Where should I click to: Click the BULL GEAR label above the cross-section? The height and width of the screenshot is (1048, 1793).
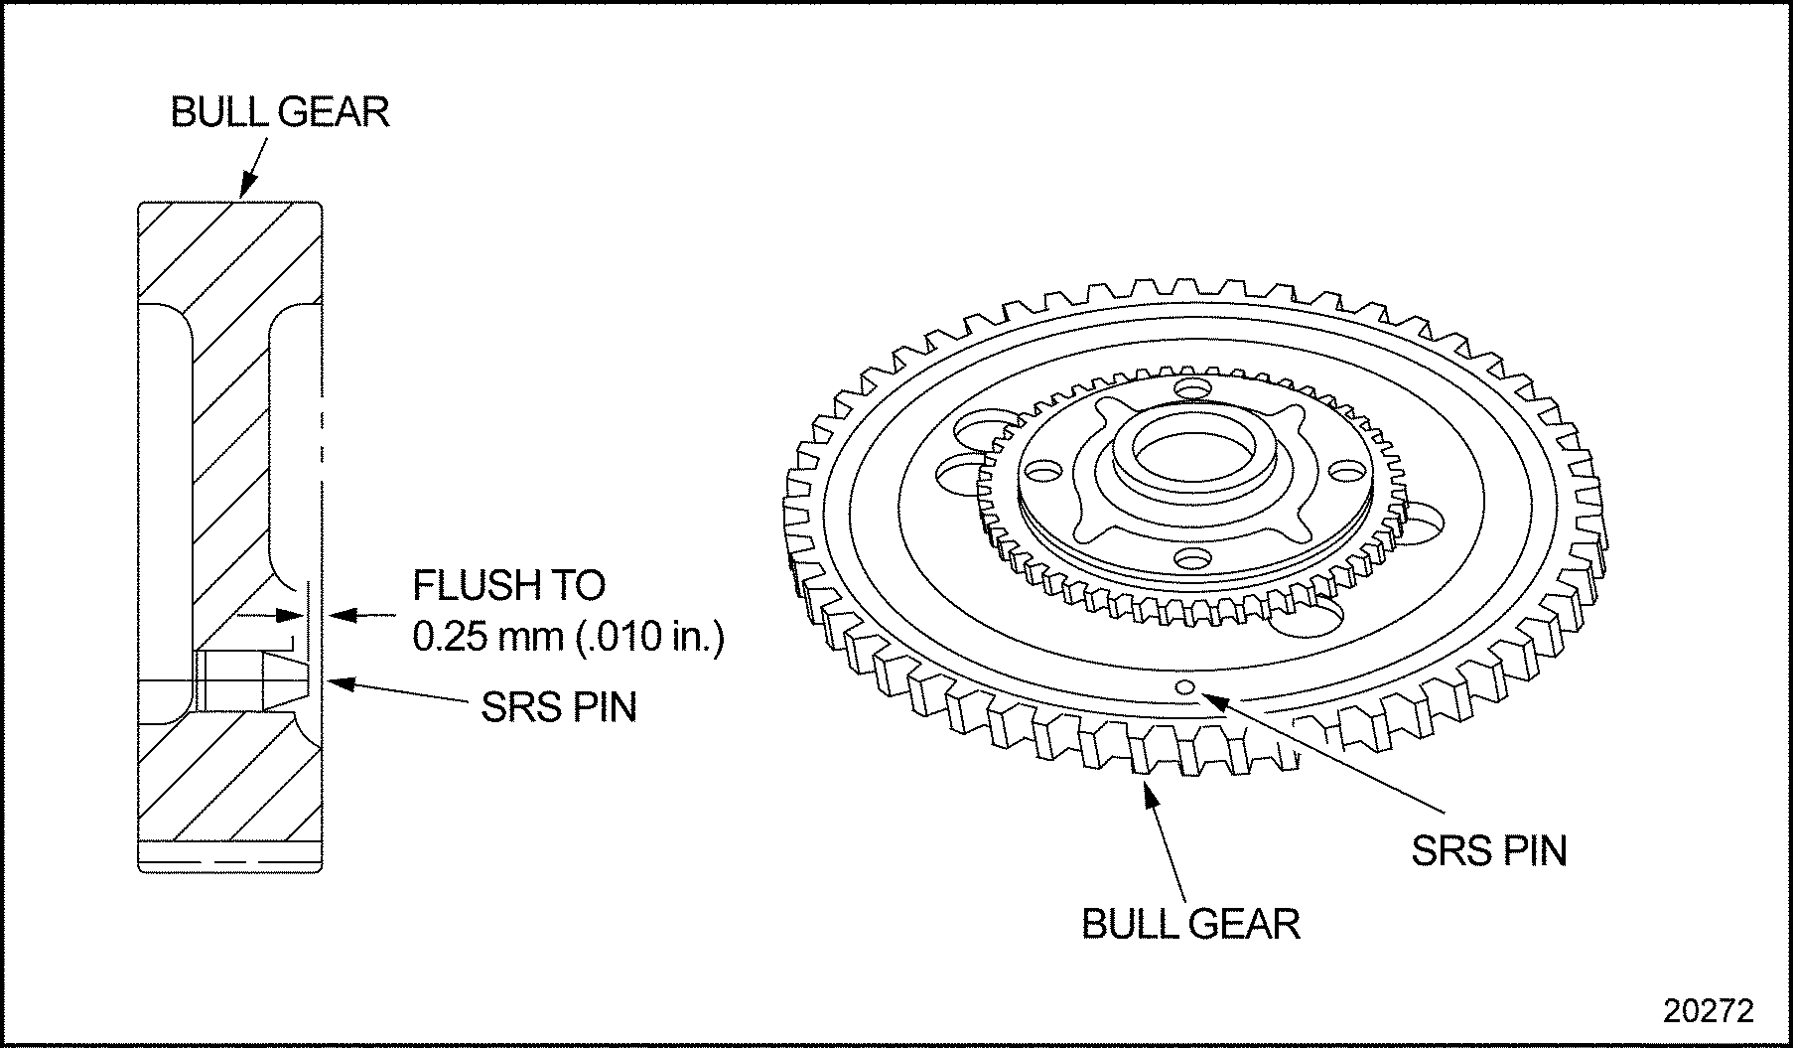click(x=280, y=112)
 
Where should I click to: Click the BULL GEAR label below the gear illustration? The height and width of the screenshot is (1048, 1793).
click(x=1190, y=924)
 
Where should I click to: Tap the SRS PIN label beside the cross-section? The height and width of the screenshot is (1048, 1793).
click(x=558, y=707)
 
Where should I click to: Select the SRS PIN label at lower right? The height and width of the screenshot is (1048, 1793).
click(x=1489, y=851)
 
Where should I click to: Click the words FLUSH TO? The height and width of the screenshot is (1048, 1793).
click(x=508, y=585)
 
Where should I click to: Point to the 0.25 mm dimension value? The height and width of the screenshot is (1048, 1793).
click(x=488, y=637)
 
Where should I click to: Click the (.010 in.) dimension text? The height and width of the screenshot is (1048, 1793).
click(x=650, y=637)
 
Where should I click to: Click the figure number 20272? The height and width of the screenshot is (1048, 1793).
click(x=1709, y=1010)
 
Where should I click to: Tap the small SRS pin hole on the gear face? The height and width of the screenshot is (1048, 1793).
click(x=1183, y=687)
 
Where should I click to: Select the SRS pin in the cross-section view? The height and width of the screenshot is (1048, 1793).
click(x=253, y=680)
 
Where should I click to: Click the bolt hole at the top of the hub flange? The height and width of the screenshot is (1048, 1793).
click(x=1189, y=386)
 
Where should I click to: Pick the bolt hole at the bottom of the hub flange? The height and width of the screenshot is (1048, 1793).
click(x=1190, y=558)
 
